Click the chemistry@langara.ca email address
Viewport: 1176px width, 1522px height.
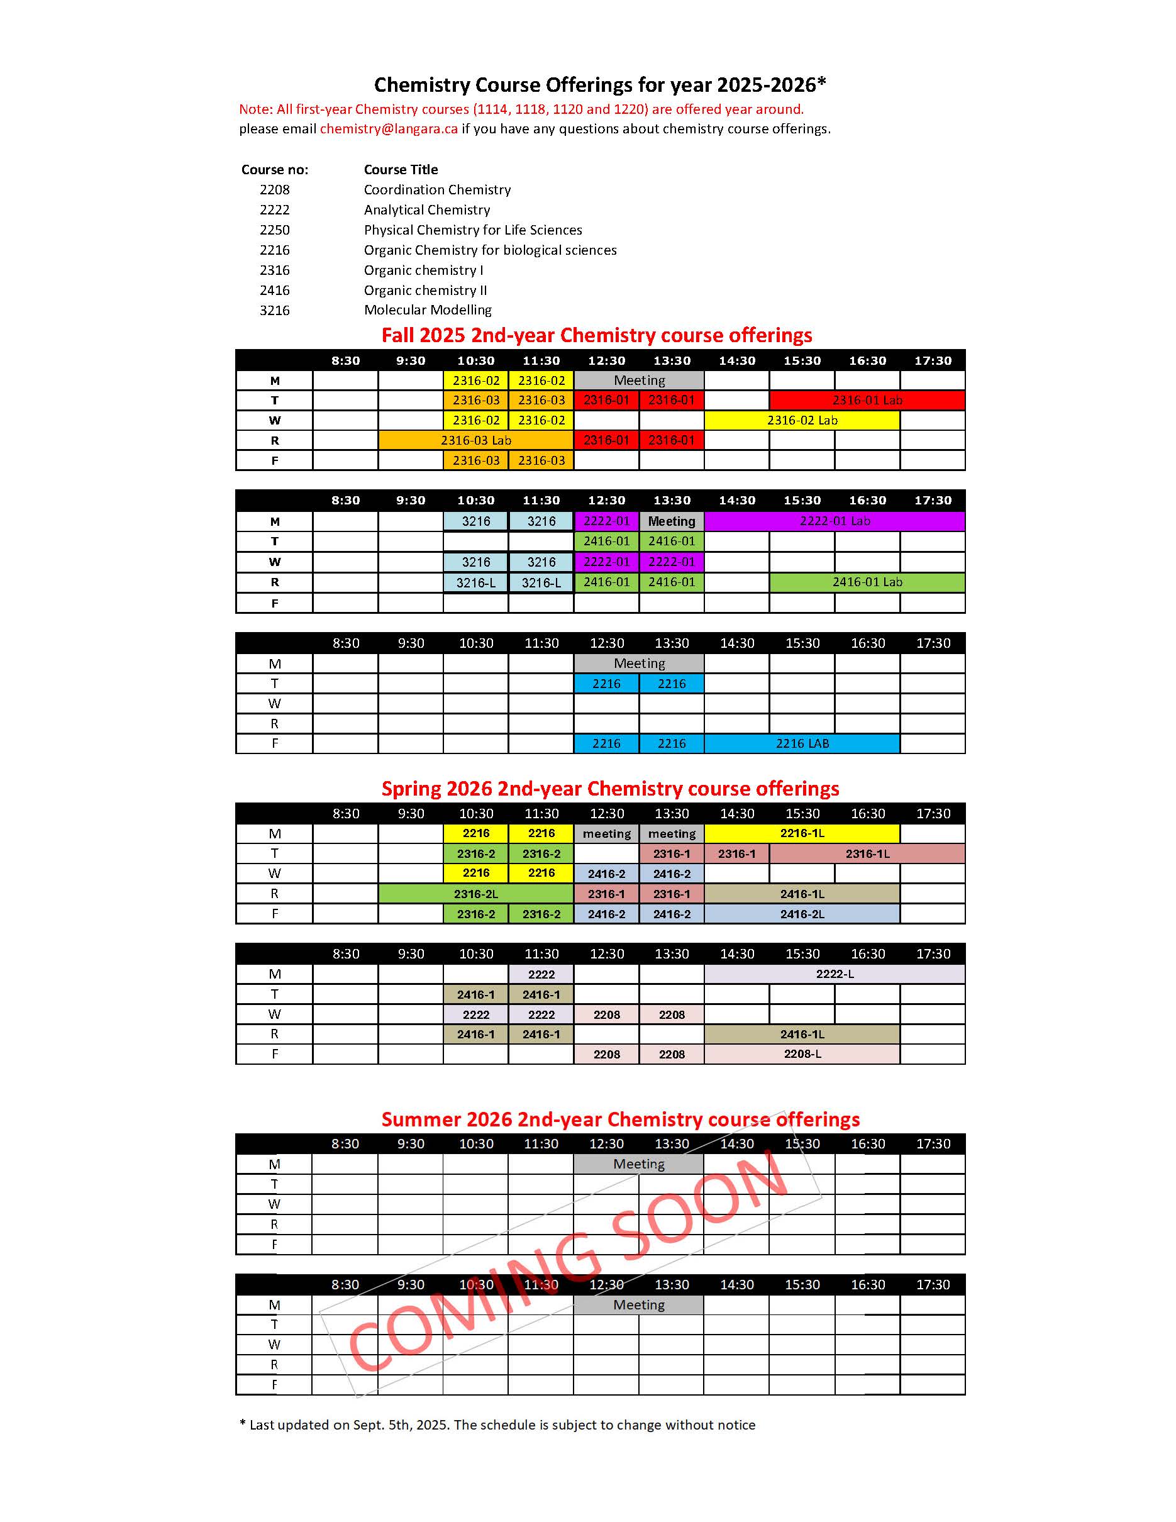[x=389, y=129]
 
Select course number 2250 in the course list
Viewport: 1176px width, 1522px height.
[x=274, y=230]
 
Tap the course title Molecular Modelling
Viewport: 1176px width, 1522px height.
[x=427, y=310]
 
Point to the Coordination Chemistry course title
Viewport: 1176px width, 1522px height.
[x=437, y=189]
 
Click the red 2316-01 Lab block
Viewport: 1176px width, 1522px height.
[x=867, y=400]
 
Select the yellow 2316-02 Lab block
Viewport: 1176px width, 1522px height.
[x=802, y=420]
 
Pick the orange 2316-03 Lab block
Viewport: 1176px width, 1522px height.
[x=476, y=440]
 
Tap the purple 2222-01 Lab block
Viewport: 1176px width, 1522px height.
[x=835, y=521]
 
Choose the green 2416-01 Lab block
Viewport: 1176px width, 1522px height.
[x=867, y=582]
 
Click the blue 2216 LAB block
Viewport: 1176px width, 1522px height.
[x=802, y=743]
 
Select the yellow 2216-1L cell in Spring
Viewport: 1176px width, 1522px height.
[x=802, y=833]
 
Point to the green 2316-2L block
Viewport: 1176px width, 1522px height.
[x=476, y=894]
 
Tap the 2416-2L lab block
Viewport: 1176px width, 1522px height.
[x=802, y=914]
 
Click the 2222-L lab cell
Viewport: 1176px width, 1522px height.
[x=835, y=974]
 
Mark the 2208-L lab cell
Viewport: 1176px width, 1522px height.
[x=802, y=1054]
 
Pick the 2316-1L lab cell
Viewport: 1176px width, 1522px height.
[x=867, y=853]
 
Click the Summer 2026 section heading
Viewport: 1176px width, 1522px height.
[x=620, y=1119]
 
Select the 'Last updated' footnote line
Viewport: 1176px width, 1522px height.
[x=497, y=1425]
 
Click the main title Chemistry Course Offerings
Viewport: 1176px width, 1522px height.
[x=600, y=85]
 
